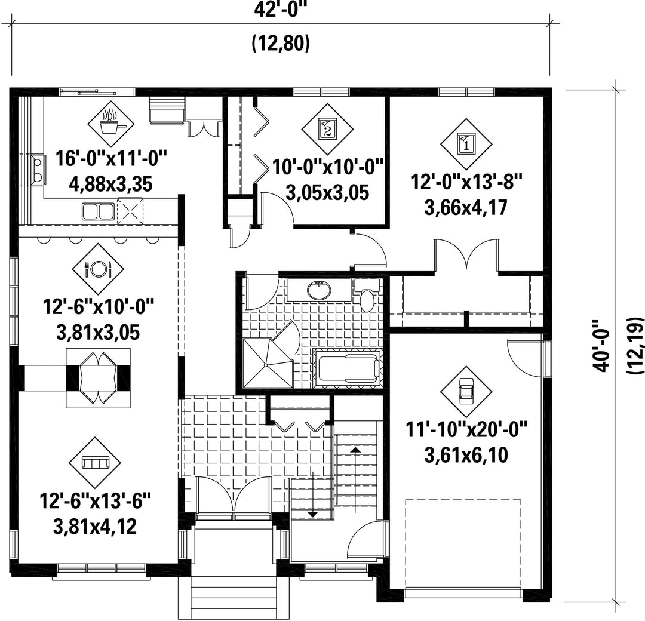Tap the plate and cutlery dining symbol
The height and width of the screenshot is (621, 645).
[98, 269]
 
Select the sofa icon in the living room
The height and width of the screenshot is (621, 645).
[95, 463]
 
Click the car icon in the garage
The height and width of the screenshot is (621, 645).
[466, 392]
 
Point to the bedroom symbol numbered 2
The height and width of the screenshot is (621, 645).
[327, 130]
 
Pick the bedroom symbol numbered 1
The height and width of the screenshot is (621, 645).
[466, 144]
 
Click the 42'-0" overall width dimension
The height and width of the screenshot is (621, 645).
[281, 10]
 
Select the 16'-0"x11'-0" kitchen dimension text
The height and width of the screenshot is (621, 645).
[112, 158]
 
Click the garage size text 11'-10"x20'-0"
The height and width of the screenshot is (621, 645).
[466, 430]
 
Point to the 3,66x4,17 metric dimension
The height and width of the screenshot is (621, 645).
[466, 207]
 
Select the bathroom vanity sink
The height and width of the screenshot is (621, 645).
[319, 290]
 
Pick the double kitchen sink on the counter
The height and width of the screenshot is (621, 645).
[99, 211]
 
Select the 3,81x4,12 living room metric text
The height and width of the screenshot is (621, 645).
[95, 527]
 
